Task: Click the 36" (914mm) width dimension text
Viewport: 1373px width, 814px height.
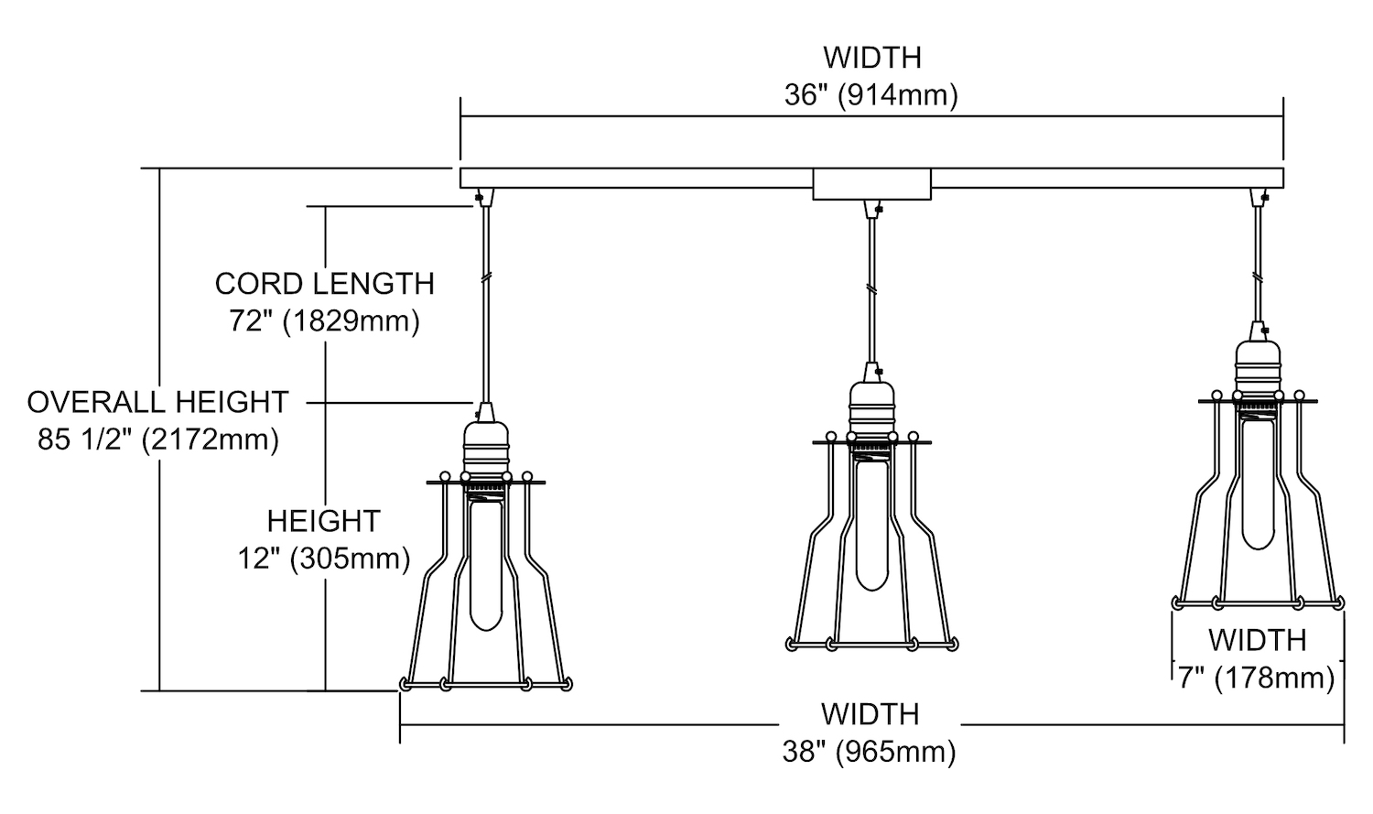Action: point(871,95)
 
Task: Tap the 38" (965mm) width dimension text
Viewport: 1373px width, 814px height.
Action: point(870,752)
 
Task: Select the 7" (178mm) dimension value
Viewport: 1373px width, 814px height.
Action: point(1257,678)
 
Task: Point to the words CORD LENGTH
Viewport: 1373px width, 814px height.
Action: point(324,284)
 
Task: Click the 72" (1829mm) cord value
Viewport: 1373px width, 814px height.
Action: point(324,321)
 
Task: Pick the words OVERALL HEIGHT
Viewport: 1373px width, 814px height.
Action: point(157,402)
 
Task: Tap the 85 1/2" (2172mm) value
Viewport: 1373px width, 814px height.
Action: point(158,440)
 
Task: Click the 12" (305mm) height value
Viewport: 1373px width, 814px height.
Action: point(324,559)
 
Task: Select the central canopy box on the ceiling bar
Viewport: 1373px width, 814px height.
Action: point(871,184)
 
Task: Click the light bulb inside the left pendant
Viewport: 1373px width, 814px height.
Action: point(485,563)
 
